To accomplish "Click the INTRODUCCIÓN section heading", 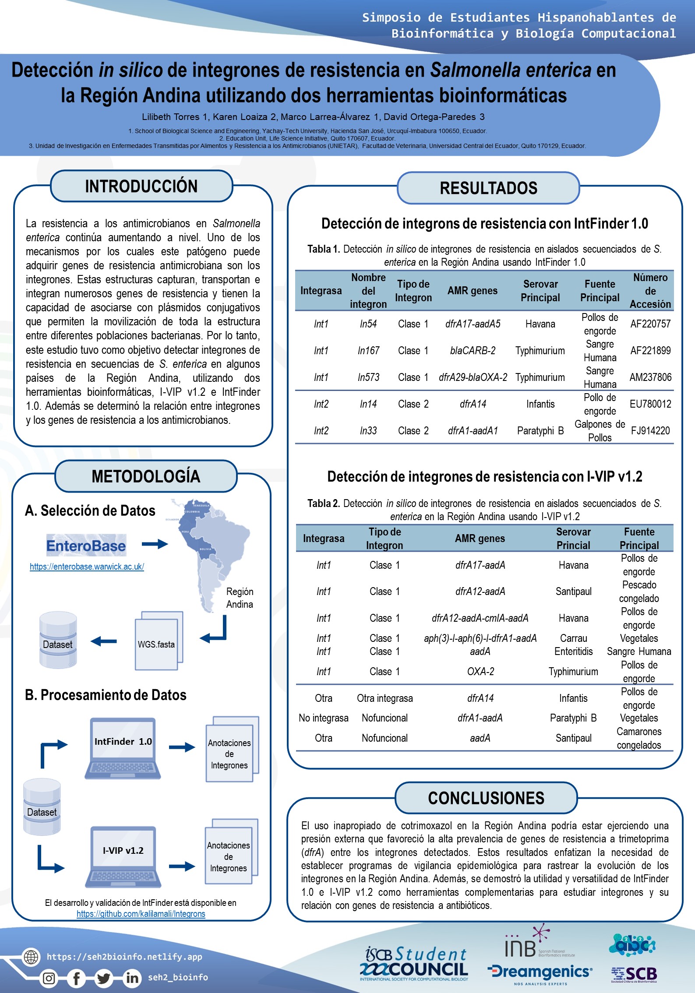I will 141,186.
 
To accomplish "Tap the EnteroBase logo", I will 86,545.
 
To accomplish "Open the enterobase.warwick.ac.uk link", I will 87,567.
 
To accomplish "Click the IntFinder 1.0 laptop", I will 123,748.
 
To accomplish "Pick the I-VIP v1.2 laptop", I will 123,856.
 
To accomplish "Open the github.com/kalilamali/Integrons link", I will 141,914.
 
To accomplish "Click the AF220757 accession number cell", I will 650,324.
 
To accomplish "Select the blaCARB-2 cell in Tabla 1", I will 473,351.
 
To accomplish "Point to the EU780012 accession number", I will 650,404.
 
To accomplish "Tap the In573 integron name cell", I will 368,377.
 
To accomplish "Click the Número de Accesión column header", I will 650,291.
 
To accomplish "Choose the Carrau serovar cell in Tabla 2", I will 573,638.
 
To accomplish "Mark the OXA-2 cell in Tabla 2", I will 480,672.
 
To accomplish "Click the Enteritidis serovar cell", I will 573,651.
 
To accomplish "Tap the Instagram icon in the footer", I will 49,978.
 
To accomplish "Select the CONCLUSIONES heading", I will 486,798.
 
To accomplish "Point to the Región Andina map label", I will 240,598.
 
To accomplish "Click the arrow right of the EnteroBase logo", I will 155,544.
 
